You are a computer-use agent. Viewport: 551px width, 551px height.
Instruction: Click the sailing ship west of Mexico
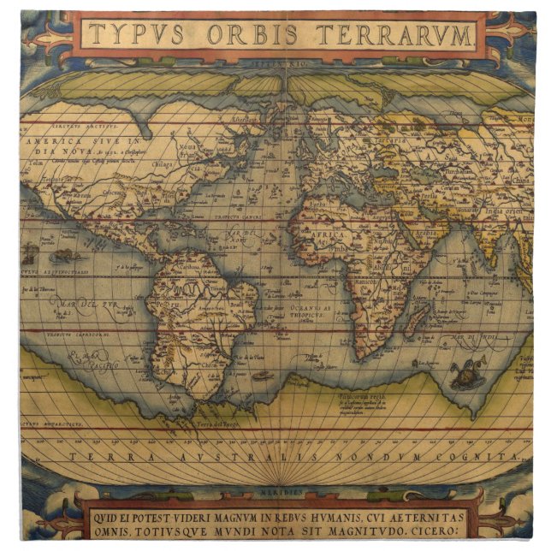pos(31,252)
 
